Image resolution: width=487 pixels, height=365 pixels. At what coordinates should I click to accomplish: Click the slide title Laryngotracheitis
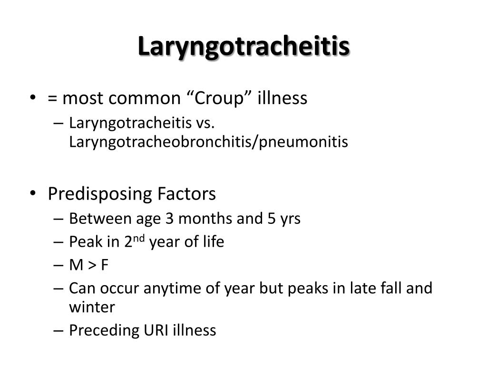[244, 47]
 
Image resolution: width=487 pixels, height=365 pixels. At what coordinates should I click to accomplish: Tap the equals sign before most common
[52, 99]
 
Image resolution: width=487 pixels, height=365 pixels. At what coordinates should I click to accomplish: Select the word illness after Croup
[282, 98]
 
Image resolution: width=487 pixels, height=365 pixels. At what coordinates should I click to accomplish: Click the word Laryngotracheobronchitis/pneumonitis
[208, 142]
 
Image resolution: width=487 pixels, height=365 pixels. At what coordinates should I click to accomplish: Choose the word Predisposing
[100, 194]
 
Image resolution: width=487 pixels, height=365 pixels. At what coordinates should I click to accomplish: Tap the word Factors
[186, 194]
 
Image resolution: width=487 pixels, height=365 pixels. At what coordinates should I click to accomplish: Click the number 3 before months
[169, 219]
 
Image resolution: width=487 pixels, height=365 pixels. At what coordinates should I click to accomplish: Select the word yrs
[290, 220]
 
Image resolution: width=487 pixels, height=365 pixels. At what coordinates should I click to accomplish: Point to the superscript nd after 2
[139, 239]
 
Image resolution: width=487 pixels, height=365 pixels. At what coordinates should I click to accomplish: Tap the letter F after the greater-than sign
[105, 265]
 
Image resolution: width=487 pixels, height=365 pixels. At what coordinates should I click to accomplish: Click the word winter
[92, 307]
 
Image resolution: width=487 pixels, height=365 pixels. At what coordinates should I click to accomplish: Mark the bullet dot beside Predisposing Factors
[33, 193]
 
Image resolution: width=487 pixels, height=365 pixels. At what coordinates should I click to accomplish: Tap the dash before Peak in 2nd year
[58, 242]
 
